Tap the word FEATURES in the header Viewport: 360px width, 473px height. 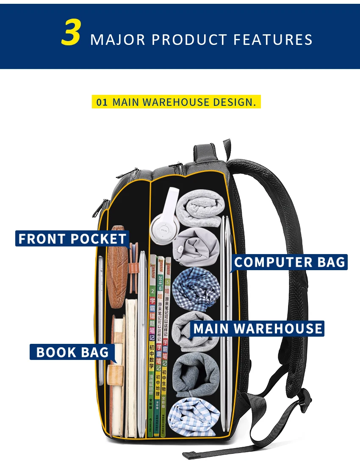point(273,40)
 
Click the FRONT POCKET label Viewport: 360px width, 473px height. point(72,238)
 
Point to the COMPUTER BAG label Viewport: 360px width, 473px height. point(290,262)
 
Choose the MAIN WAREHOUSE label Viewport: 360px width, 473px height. point(258,329)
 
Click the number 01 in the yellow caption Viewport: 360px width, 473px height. point(102,102)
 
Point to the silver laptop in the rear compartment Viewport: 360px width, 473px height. point(225,322)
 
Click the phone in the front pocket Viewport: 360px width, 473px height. point(101,296)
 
